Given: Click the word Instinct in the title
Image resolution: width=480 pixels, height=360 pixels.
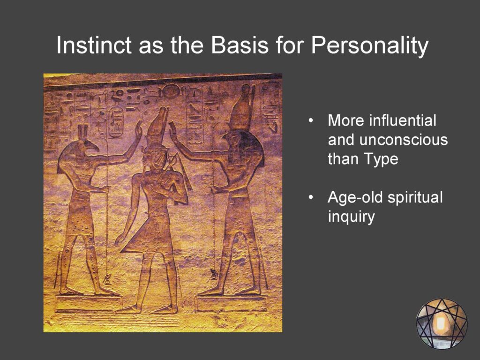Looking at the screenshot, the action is coord(94,45).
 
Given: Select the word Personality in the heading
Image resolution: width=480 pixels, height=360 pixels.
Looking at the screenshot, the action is coord(369,46).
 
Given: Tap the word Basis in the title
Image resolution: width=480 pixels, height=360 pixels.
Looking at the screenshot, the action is coord(240,45).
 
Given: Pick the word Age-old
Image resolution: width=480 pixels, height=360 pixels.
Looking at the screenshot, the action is coord(355,197).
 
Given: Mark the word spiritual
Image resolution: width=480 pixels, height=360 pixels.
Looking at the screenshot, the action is coord(415,197).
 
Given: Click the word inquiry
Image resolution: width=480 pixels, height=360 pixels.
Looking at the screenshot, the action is coord(351,217).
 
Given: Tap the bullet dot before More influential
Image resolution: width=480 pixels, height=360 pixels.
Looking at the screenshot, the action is coord(311,120).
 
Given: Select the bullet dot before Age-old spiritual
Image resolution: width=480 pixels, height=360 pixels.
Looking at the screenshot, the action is coord(311,197).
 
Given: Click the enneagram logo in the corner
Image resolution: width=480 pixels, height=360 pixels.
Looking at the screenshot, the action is coord(442,323).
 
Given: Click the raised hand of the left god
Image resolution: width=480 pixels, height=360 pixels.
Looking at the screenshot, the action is coord(139,130).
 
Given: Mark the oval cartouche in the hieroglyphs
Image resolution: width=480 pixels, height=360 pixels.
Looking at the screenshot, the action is coord(116,121).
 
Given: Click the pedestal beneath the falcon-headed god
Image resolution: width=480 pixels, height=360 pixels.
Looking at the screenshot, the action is coord(231,304).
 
